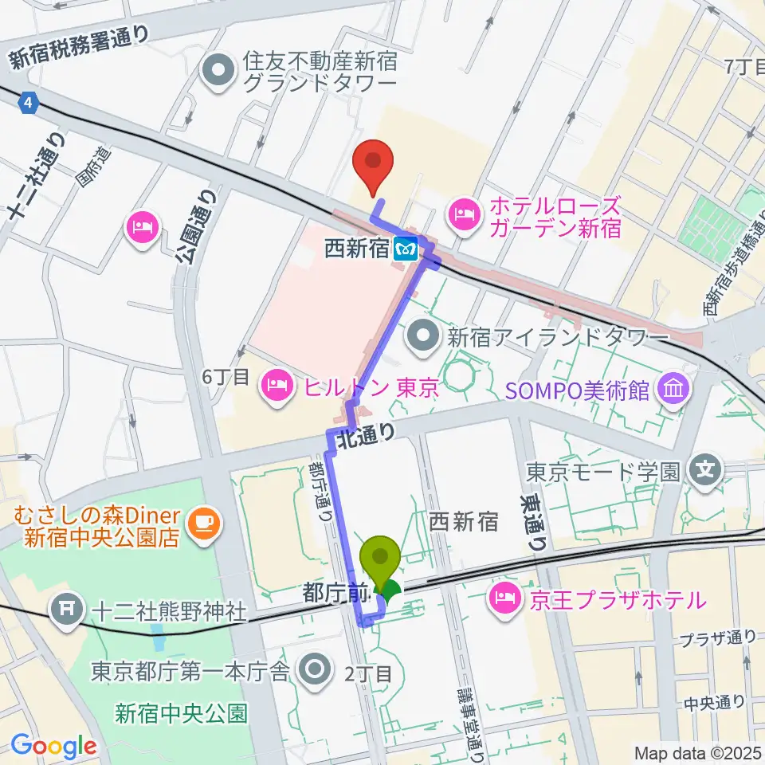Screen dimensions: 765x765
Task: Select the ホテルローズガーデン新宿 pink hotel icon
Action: click(462, 213)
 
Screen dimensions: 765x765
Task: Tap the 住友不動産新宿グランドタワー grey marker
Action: click(217, 72)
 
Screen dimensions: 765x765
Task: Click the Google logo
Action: click(53, 746)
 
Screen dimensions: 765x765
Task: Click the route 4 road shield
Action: click(29, 102)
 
